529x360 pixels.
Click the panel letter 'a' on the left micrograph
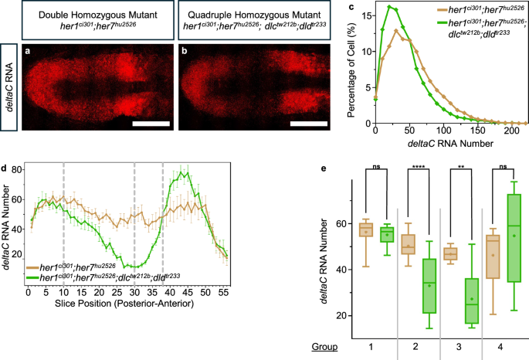pyautogui.click(x=29, y=52)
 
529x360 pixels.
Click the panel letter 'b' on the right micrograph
pyautogui.click(x=185, y=52)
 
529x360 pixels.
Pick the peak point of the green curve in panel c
pyautogui.click(x=390, y=7)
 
